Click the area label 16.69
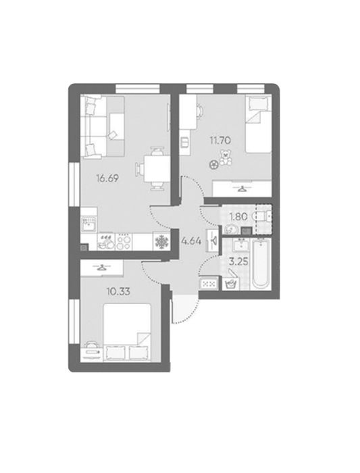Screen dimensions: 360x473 [x=107, y=178]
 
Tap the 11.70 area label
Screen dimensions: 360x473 [x=220, y=140]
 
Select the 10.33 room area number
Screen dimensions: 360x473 [x=118, y=291]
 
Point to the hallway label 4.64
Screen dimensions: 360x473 [x=191, y=241]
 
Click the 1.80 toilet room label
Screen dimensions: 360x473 [x=238, y=217]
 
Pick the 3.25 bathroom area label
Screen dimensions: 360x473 [x=238, y=262]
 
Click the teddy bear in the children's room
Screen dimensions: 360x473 [x=226, y=157]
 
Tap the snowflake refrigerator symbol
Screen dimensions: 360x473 [x=161, y=242]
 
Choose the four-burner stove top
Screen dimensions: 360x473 [x=124, y=242]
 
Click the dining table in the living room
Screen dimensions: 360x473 [x=155, y=168]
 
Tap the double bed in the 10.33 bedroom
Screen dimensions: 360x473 [x=127, y=332]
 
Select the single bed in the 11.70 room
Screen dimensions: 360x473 [x=259, y=124]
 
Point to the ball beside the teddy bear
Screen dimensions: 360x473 [x=213, y=164]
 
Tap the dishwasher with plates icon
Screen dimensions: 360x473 [x=106, y=242]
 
